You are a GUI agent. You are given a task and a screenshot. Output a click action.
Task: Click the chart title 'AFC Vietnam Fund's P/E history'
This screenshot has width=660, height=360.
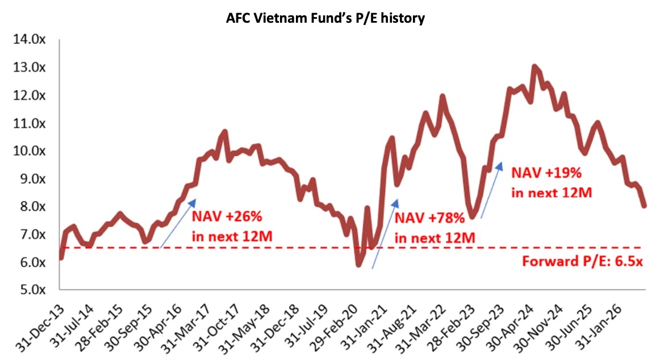pos(325,18)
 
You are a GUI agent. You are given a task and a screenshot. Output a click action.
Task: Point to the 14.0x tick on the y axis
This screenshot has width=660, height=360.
pos(29,39)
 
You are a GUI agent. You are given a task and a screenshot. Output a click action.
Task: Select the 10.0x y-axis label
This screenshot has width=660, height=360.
pos(29,150)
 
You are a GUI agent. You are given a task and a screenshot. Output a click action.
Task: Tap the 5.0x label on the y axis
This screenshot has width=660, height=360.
pos(32,290)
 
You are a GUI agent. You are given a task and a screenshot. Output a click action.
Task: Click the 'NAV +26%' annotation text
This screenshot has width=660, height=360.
pos(227,216)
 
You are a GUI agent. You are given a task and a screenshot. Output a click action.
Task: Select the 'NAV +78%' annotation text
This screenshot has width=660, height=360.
pos(429,218)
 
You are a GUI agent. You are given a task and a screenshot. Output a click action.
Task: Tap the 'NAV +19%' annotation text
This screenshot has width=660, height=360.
pos(546,173)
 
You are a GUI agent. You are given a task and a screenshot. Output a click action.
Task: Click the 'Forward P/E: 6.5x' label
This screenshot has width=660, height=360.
pos(583,261)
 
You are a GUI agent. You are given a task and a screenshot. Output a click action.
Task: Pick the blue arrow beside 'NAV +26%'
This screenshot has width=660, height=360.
pos(178,223)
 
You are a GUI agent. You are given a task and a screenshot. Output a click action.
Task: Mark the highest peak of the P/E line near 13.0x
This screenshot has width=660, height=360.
pos(534,66)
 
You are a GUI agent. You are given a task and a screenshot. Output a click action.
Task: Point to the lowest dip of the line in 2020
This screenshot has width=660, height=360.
pos(358,265)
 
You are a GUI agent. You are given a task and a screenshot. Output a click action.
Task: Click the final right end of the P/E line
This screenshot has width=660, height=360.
pos(644,206)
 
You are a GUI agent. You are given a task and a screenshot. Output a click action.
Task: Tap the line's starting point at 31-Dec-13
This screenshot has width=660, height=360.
pos(61,257)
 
